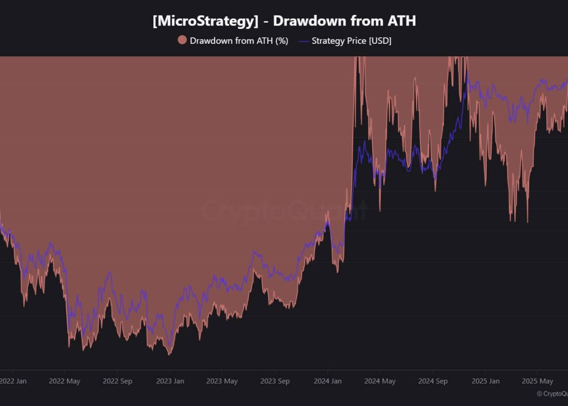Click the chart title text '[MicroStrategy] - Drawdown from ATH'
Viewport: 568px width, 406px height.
point(284,21)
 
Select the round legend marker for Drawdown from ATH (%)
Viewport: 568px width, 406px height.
point(182,41)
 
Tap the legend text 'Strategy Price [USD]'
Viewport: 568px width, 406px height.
point(351,41)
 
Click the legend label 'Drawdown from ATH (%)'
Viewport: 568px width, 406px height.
point(239,41)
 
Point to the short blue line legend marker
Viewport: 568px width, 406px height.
point(303,41)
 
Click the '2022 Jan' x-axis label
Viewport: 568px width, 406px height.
point(13,381)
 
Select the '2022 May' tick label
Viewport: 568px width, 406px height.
point(64,381)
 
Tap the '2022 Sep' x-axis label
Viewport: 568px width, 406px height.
point(118,381)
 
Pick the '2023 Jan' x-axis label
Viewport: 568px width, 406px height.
point(170,381)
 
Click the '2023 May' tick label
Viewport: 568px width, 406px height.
point(222,381)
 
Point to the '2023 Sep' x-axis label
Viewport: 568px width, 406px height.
point(275,381)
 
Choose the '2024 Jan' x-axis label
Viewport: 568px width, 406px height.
point(327,381)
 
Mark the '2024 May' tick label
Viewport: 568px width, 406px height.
point(380,381)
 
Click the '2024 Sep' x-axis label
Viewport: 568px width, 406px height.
point(432,381)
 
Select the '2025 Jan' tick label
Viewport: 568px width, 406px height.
point(485,381)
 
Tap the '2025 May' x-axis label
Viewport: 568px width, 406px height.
point(537,381)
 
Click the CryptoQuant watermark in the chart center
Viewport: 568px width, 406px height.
point(284,211)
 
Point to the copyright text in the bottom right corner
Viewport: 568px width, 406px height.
point(552,394)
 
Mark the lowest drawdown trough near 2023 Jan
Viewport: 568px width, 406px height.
point(169,354)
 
